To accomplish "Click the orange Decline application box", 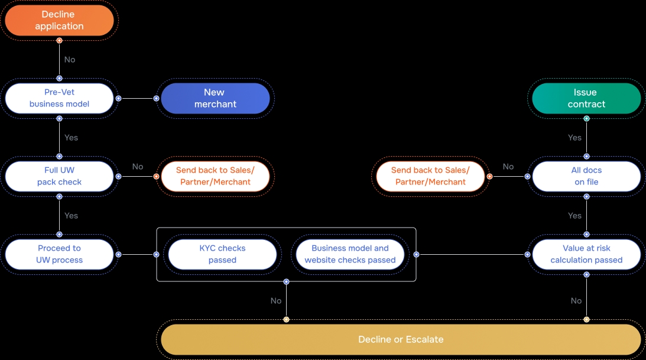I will pos(59,20).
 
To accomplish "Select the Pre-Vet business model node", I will pos(59,98).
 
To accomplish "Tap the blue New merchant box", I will pos(215,98).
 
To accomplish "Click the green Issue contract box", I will pos(586,98).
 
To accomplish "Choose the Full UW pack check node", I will pos(59,176).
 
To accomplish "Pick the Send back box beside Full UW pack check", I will pos(215,176).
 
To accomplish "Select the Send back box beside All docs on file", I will pos(430,176).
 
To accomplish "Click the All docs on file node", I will pos(586,176).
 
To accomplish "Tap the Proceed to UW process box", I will pos(59,254).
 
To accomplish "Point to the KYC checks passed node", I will pos(222,254).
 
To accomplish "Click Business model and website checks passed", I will pos(350,254).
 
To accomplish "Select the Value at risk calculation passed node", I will pos(586,254).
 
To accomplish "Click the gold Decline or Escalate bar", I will pos(401,339).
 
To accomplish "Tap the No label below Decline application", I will pos(70,60).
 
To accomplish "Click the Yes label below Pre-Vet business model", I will pos(71,138).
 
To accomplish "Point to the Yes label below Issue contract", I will pos(574,138).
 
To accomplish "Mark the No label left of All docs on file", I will pos(508,167).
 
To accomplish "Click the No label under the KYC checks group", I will pos(276,301).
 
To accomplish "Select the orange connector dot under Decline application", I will pos(59,40).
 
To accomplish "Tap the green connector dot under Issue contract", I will pos(586,118).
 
